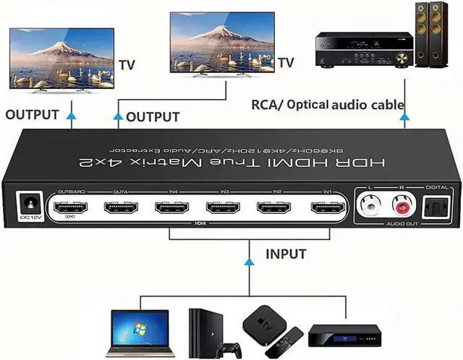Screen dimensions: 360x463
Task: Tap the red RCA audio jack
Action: pos(399,208)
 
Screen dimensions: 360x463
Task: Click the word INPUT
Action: pos(285,254)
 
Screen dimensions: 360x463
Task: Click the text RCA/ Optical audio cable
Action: pos(327,105)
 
